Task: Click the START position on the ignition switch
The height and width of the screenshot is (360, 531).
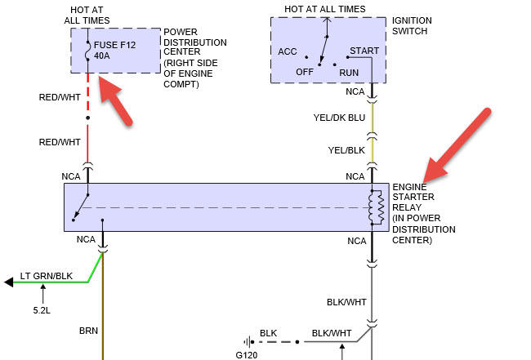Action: pyautogui.click(x=364, y=51)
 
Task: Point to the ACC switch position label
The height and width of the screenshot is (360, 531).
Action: pyautogui.click(x=288, y=51)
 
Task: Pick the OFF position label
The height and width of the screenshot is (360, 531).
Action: pyautogui.click(x=305, y=72)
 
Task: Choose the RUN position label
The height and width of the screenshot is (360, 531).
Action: pyautogui.click(x=349, y=72)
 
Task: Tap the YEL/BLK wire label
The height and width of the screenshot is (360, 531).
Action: pyautogui.click(x=346, y=149)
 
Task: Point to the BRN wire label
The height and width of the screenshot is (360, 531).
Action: pyautogui.click(x=88, y=331)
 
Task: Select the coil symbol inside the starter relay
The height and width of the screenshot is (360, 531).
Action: pyautogui.click(x=377, y=207)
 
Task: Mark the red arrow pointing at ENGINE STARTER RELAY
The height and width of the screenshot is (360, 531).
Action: pyautogui.click(x=457, y=145)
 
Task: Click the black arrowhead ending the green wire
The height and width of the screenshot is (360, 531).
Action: pyautogui.click(x=9, y=282)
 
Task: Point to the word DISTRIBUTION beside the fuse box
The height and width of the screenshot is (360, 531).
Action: pyautogui.click(x=196, y=42)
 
